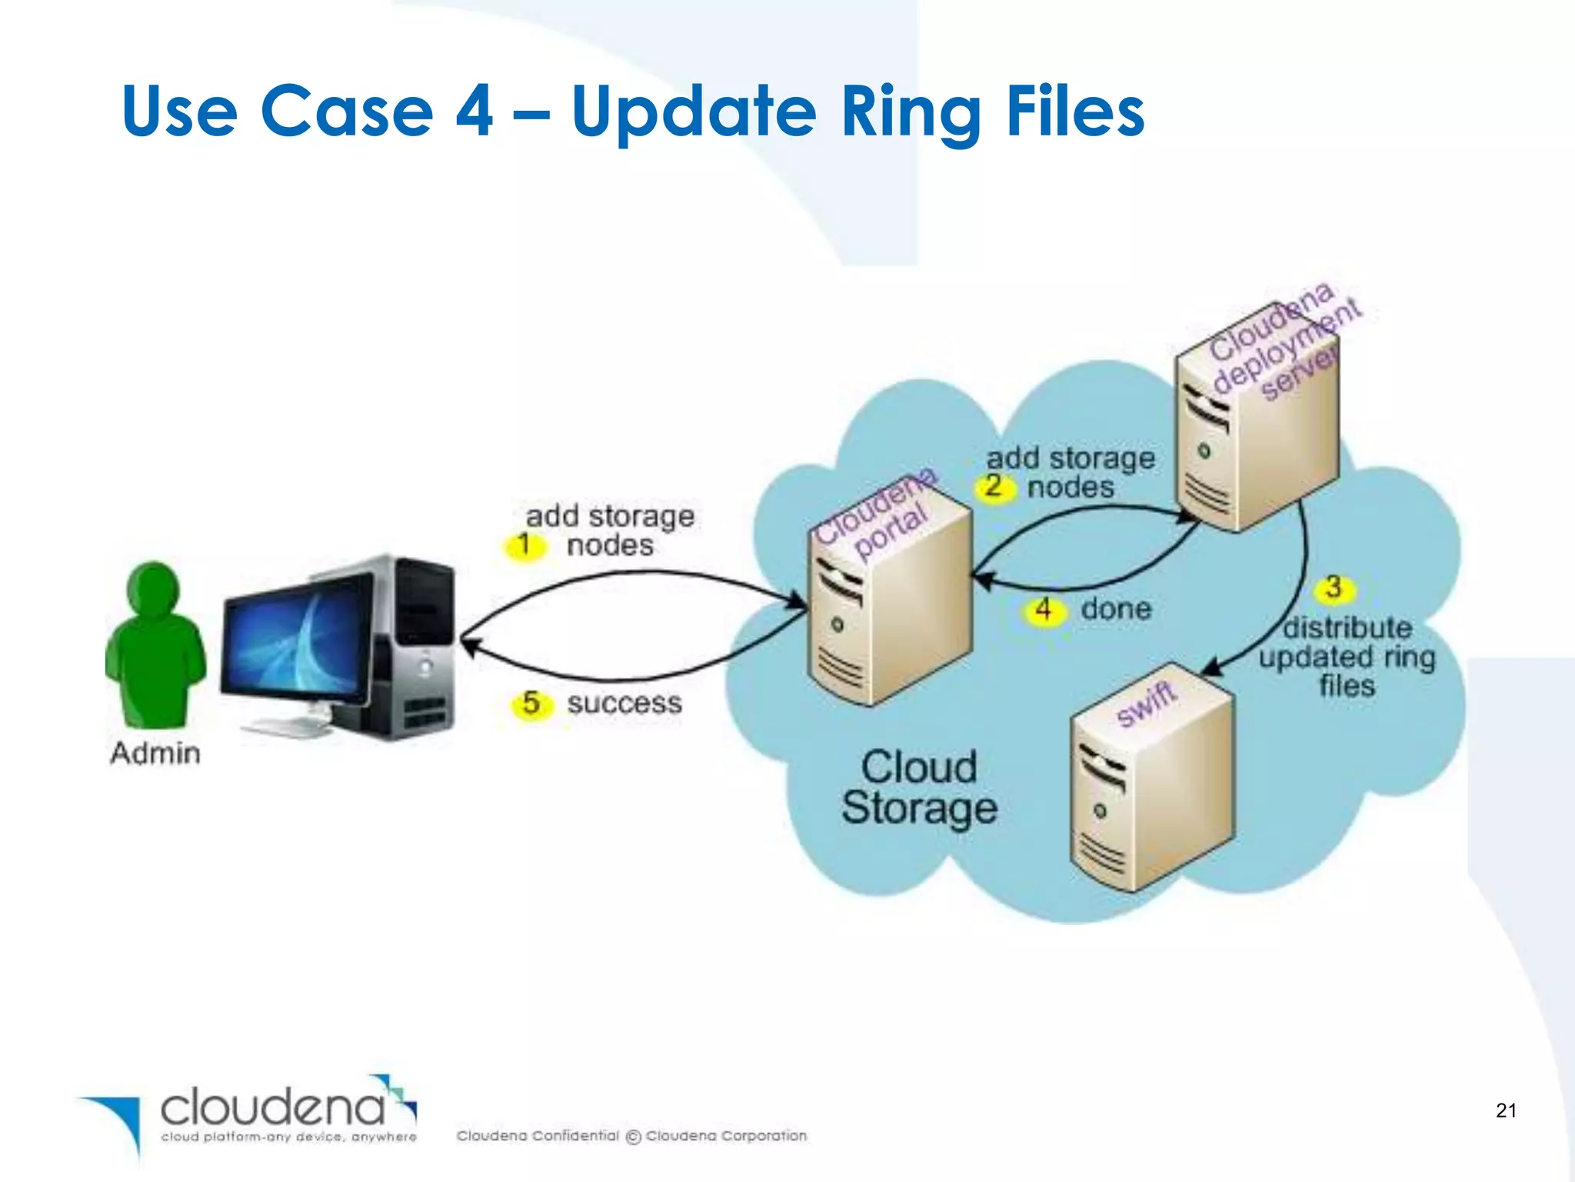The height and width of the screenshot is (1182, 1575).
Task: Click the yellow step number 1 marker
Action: tap(524, 545)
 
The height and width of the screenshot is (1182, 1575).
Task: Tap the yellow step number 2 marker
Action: tap(994, 486)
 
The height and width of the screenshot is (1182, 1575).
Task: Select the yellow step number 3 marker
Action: tap(1334, 588)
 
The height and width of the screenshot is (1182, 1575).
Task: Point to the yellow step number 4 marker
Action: tap(1044, 610)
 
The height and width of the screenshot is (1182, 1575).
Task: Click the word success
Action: tap(624, 703)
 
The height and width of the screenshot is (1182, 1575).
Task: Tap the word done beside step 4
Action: tap(1116, 609)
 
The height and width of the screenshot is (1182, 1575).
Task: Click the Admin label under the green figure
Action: tap(155, 753)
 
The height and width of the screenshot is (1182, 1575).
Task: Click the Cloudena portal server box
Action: tap(888, 608)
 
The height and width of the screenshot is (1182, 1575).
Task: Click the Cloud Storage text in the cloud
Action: tap(919, 787)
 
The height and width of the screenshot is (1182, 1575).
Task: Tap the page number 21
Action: tap(1506, 1110)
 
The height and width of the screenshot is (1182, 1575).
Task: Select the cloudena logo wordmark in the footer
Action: tap(273, 1108)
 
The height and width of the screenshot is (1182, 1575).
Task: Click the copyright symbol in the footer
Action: tap(633, 1137)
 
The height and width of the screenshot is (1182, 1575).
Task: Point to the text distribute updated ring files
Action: tap(1347, 656)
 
